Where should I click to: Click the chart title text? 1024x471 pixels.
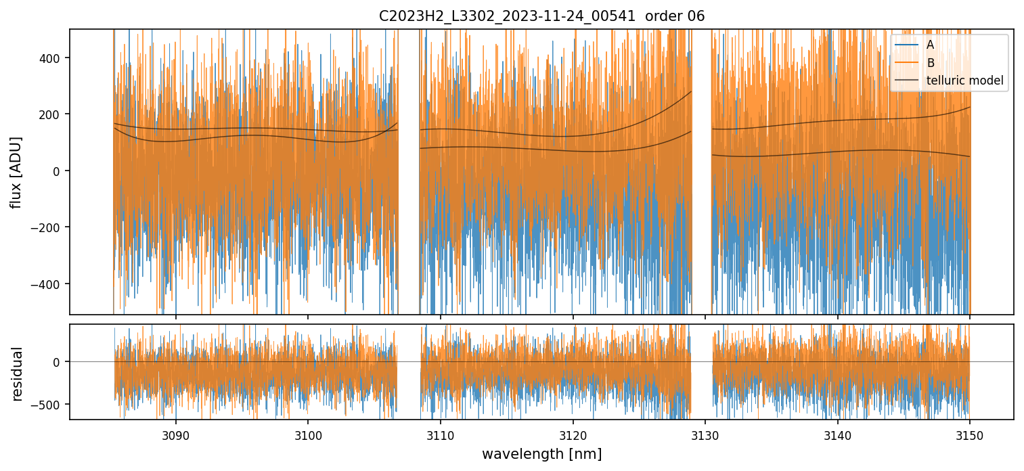[x=541, y=16]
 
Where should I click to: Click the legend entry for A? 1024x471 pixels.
[x=930, y=45]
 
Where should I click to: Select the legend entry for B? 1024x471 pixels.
[x=930, y=63]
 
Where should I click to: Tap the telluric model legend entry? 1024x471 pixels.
[x=964, y=81]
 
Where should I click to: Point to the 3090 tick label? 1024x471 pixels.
[x=175, y=435]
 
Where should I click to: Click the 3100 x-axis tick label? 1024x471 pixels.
[x=308, y=435]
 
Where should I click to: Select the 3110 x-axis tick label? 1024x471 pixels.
[x=441, y=435]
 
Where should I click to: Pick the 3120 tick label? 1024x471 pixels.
[x=573, y=435]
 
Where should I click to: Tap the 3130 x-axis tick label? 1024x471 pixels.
[x=705, y=435]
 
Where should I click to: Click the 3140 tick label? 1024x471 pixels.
[x=838, y=435]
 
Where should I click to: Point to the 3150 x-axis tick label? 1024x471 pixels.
[x=970, y=435]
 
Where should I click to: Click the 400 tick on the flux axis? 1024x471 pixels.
[x=53, y=58]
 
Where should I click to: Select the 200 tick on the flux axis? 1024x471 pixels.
[x=53, y=114]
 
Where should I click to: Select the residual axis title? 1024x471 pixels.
[x=17, y=374]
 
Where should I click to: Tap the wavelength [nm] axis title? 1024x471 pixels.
[x=541, y=453]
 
